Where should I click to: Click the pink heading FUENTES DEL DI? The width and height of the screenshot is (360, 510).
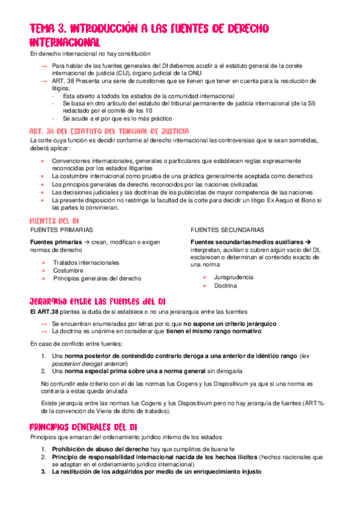[x=55, y=221]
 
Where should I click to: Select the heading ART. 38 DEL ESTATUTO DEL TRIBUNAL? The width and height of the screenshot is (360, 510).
[x=109, y=131]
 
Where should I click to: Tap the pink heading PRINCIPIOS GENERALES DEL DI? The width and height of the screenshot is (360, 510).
[x=84, y=427]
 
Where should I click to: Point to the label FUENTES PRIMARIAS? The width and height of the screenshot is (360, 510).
[x=61, y=230]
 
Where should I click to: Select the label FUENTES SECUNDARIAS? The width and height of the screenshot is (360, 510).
[x=227, y=230]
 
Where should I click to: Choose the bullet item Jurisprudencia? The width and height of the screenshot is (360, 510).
[x=233, y=277]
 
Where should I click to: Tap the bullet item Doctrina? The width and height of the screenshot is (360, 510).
[x=225, y=286]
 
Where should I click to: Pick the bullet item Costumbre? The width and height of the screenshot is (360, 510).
[x=68, y=271]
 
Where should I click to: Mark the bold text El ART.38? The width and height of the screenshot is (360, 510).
[x=44, y=312]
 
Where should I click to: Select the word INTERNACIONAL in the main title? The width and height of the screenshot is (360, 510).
[x=65, y=43]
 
